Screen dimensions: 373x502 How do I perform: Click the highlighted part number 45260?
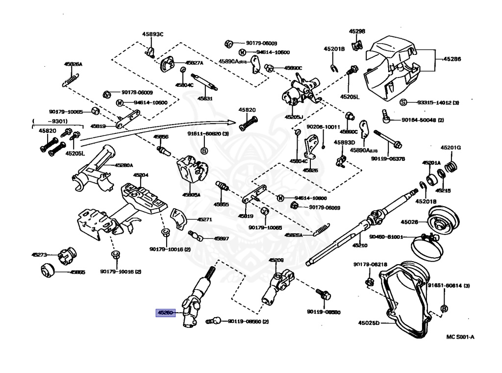tap(165, 312)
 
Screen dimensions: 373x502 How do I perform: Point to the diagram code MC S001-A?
tap(460, 337)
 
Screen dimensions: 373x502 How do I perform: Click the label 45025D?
tap(369, 323)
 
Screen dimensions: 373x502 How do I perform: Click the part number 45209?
tap(276, 260)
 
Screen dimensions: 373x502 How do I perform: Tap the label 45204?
tap(141, 175)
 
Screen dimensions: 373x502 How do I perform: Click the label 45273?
tap(39, 255)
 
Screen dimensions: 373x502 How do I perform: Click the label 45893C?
tap(152, 34)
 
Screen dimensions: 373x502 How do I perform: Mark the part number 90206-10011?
tap(323, 127)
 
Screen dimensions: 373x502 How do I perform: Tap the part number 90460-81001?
tap(386, 237)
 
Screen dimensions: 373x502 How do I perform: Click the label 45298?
tap(357, 31)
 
